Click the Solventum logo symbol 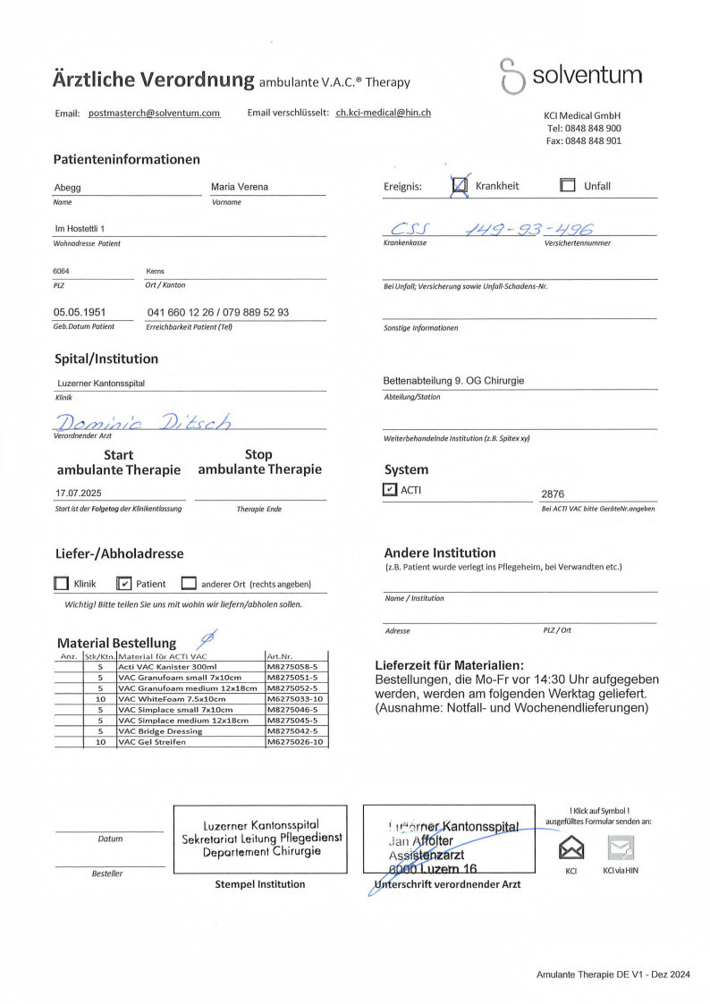511,76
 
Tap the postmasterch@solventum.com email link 154,114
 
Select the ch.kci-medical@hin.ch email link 383,113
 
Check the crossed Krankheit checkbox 461,186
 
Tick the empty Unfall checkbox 567,186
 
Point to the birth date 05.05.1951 80,313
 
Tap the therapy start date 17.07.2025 80,493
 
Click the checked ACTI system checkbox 389,489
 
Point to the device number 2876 553,494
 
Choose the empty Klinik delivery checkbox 62,584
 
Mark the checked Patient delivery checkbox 125,584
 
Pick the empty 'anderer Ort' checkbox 189,584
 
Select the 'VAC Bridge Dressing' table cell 161,730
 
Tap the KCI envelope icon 571,846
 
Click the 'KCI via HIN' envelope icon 621,846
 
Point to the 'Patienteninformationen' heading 126,159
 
